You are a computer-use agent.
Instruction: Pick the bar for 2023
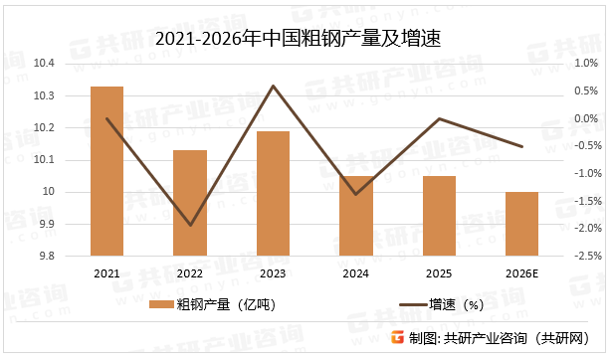tap(273, 193)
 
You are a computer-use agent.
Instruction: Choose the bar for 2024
tap(355, 216)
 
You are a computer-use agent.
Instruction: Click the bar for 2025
tap(439, 216)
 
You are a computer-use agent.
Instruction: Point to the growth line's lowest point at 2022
tap(190, 226)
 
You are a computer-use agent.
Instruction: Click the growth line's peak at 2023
tap(273, 86)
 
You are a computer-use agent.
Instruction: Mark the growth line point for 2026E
tap(521, 147)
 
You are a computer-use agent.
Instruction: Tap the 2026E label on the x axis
tap(521, 273)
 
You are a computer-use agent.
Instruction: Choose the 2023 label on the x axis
tap(273, 273)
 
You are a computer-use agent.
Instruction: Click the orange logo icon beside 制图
tap(397, 337)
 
